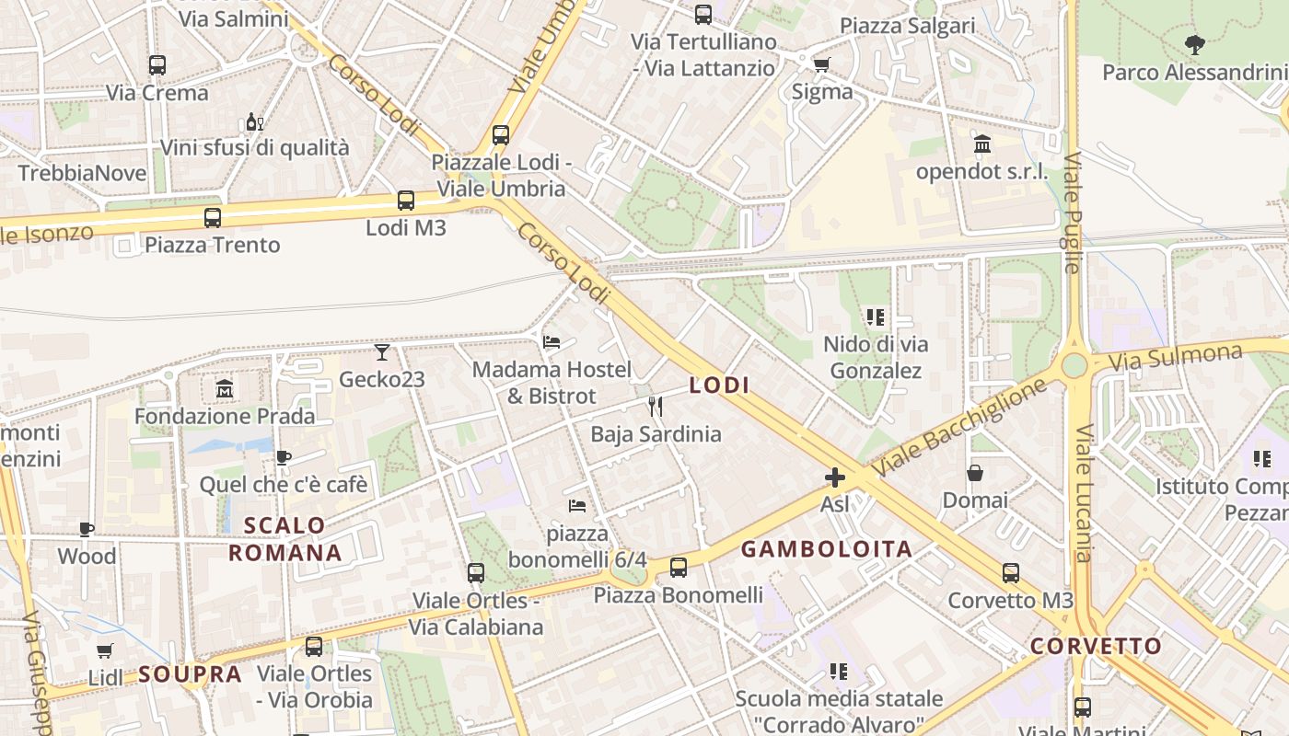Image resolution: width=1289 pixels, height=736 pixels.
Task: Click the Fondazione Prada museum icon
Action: (225, 389)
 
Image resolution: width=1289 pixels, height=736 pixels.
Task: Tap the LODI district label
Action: (719, 385)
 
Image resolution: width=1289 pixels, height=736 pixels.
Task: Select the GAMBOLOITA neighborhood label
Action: (827, 549)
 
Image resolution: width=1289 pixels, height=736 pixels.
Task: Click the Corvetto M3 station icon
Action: (1011, 573)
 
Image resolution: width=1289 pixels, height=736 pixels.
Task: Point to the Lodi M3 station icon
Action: (406, 201)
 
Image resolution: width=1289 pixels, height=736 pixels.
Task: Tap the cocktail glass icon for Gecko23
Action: (382, 352)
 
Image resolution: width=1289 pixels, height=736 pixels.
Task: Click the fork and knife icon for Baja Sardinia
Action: (656, 407)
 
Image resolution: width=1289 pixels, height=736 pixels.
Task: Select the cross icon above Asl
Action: (835, 477)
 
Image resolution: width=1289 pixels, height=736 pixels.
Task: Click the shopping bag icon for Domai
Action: (975, 474)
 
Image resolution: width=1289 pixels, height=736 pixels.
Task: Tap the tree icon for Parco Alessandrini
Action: (1195, 44)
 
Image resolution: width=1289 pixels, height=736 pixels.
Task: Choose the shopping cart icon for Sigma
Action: (821, 64)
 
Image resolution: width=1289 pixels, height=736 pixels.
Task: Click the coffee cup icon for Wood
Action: (87, 529)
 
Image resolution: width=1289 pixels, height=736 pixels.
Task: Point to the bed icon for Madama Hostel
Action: (552, 342)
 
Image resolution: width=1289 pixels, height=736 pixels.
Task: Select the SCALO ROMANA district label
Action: (285, 539)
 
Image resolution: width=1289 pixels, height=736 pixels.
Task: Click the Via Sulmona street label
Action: (1175, 356)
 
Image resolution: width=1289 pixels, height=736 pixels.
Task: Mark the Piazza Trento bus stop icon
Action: (213, 218)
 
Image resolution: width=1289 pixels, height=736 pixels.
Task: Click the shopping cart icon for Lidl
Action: (105, 651)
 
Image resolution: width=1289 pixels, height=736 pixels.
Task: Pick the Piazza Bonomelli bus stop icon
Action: (679, 568)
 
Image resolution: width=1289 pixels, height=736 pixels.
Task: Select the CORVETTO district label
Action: (1096, 646)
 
